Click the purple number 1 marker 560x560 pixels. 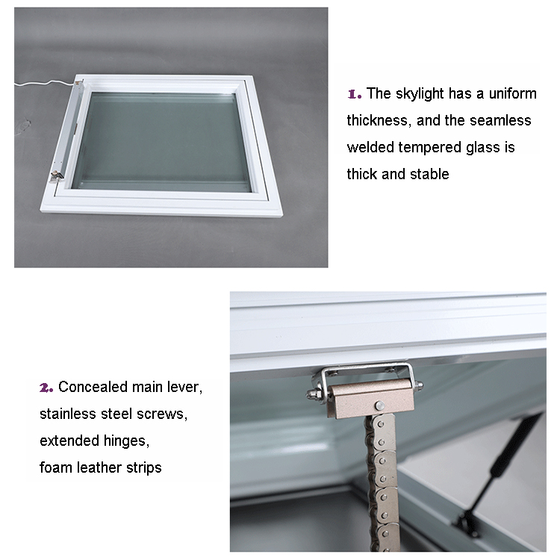click(354, 94)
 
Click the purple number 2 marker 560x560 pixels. click(46, 388)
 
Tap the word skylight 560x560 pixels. click(420, 94)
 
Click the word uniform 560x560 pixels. click(512, 93)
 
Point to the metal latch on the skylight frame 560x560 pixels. click(57, 175)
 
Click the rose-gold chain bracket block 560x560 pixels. click(370, 397)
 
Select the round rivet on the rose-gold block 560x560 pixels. click(379, 405)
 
